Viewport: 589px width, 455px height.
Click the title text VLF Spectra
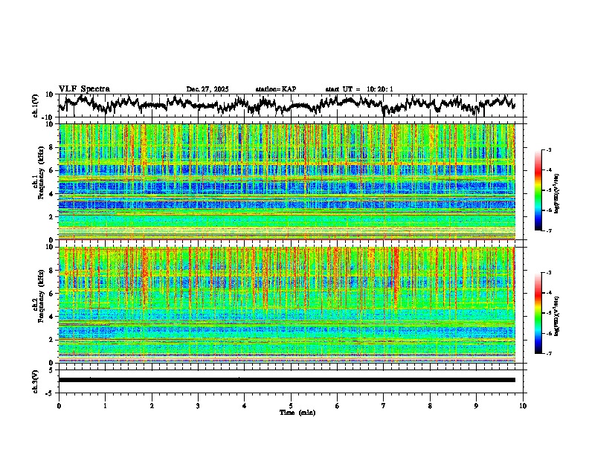pos(84,88)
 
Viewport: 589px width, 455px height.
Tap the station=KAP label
pos(275,89)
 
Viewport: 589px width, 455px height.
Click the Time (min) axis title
pos(297,412)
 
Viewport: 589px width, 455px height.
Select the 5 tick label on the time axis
pos(291,405)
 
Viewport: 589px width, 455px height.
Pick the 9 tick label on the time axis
pos(477,405)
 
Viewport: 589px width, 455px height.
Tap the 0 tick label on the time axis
pos(59,405)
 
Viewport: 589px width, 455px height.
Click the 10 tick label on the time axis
pos(523,405)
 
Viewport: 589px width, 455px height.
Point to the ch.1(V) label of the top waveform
pos(36,106)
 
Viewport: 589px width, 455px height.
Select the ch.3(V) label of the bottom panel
pos(36,380)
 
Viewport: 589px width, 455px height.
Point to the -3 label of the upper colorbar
pos(548,150)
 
